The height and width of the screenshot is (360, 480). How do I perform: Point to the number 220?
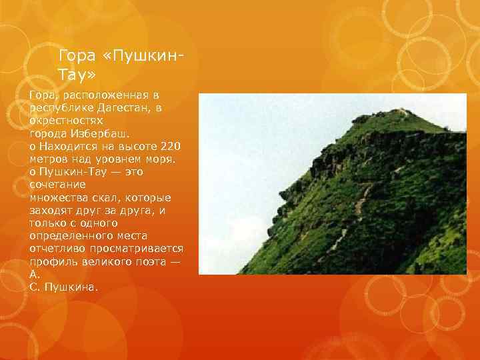[169, 146]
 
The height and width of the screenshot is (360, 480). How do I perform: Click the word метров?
[47, 159]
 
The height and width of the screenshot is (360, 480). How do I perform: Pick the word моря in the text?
[159, 159]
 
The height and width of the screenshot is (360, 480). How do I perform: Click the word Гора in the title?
[75, 54]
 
